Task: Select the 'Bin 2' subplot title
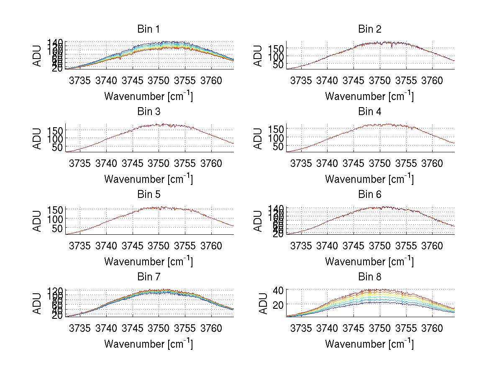click(369, 29)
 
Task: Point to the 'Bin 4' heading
click(369, 112)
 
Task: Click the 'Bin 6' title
click(369, 195)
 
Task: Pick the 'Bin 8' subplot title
click(369, 277)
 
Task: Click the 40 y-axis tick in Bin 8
click(279, 290)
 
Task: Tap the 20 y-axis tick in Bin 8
click(279, 304)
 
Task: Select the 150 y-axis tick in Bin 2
click(276, 49)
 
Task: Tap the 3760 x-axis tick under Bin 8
click(432, 328)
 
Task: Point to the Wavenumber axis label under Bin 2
click(369, 96)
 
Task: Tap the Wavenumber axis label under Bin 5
click(148, 262)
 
